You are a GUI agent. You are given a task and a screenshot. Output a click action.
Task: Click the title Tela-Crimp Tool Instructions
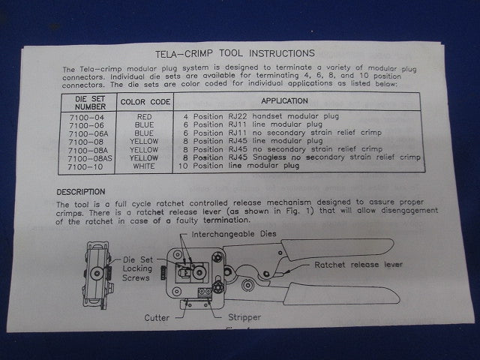click(235, 53)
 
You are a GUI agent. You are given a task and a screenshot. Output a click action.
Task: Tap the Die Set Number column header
click(90, 103)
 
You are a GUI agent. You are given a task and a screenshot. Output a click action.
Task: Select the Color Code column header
click(145, 102)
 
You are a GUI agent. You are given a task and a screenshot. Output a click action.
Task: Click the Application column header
click(284, 100)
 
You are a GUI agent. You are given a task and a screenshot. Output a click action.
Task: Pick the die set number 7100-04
click(87, 117)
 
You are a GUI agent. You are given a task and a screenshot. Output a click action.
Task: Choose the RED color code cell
click(145, 117)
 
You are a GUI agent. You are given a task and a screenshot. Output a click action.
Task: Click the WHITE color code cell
click(144, 166)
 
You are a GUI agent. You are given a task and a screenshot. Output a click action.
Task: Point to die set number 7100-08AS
click(90, 158)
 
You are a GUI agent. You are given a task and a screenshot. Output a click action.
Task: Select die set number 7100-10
click(85, 166)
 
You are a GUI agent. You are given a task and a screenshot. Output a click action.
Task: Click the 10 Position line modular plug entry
click(238, 166)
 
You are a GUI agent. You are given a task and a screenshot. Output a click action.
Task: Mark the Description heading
click(81, 192)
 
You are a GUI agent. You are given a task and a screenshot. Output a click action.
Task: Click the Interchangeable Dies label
click(234, 234)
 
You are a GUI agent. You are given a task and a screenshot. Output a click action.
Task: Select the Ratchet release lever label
click(358, 265)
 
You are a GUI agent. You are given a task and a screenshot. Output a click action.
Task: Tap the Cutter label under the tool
click(157, 318)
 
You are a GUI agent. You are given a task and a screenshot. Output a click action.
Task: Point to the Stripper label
click(244, 317)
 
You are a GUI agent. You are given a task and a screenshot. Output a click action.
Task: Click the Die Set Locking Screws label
click(137, 268)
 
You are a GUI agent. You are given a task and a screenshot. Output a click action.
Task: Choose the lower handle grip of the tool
click(342, 293)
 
